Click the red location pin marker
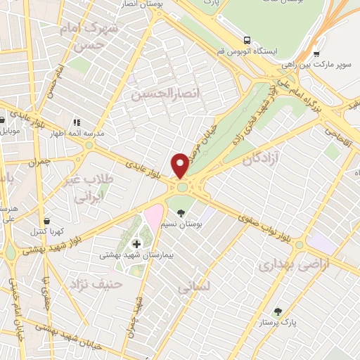coord(181,166)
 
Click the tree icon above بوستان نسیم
coord(181,213)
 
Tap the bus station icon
coord(247,40)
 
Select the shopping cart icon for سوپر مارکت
coord(317,53)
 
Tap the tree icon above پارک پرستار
coord(278,310)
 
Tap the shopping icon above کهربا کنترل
coord(46,221)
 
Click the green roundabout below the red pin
coord(183,186)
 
